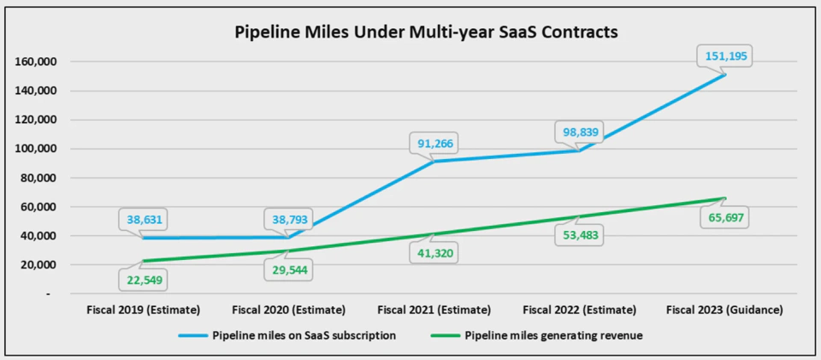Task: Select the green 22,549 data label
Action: (142, 280)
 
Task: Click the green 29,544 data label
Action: (288, 271)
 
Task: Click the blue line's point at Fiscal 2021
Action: (434, 161)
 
